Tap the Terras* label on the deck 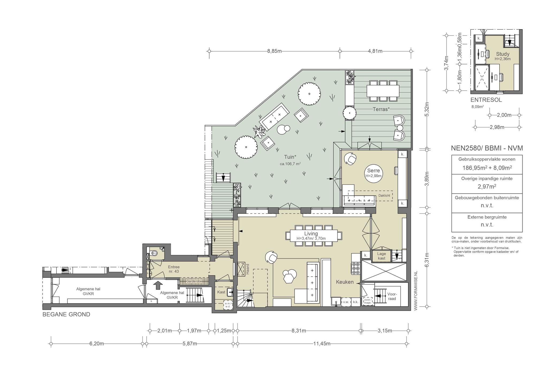coord(381,109)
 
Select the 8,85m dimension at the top coord(274,51)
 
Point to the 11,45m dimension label coord(322,344)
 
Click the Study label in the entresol coord(503,54)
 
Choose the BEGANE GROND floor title coord(66,315)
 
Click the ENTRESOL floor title coord(486,100)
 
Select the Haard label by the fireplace coord(248,269)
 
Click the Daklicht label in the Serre coord(384,196)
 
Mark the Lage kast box coord(382,256)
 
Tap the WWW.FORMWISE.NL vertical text coord(416,290)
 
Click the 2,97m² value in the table coord(487,187)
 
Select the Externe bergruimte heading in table coord(487,217)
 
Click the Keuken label coord(345,282)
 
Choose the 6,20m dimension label coord(97,344)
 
